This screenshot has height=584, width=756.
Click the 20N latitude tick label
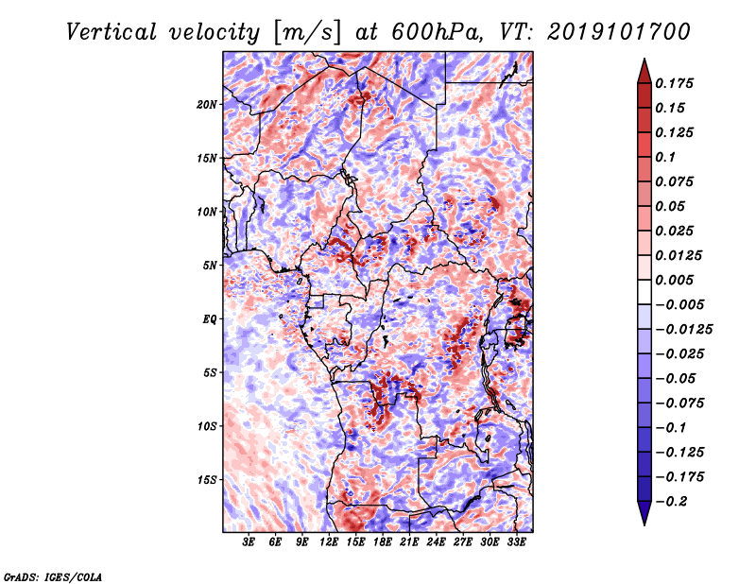(x=207, y=104)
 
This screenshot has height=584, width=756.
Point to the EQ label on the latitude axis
(x=210, y=319)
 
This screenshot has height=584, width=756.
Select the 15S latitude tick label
(x=207, y=480)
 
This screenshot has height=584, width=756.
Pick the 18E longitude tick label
(x=383, y=542)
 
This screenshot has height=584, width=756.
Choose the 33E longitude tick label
(x=517, y=542)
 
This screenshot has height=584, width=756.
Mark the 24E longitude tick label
(x=437, y=542)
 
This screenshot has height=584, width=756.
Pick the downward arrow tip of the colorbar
(x=643, y=522)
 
